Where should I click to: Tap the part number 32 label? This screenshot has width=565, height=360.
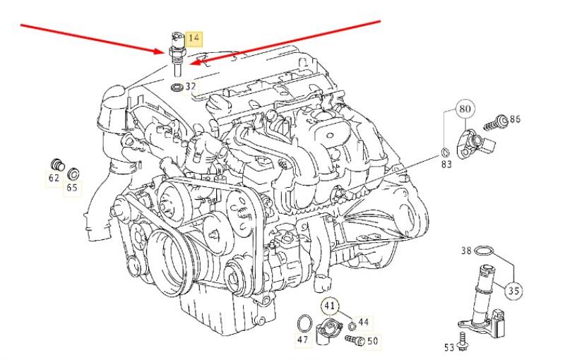(x=191, y=87)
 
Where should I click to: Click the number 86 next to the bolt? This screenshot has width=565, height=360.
(x=514, y=119)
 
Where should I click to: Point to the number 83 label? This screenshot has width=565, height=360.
(x=446, y=164)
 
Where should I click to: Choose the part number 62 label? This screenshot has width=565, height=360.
(x=54, y=178)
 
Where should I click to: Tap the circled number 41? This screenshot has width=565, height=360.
(x=329, y=306)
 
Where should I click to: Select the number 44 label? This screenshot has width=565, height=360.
(x=363, y=322)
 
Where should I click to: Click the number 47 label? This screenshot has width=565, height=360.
(x=302, y=340)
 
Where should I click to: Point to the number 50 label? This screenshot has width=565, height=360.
(x=372, y=341)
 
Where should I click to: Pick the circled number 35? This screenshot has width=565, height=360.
(x=513, y=289)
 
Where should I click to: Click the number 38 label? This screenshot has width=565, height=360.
(x=466, y=250)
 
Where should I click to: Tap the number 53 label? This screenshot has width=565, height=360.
(x=448, y=347)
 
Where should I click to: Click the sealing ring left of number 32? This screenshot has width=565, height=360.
(x=177, y=88)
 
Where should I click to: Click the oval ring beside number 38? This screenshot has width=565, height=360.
(x=484, y=251)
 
